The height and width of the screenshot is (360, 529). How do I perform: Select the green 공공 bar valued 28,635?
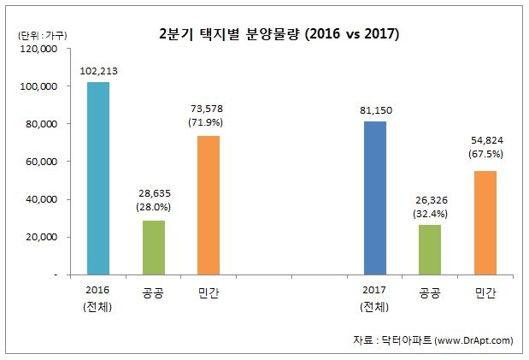pyautogui.click(x=154, y=247)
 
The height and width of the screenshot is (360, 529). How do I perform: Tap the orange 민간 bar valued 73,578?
pyautogui.click(x=209, y=205)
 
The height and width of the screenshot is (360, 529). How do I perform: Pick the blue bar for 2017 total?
pyautogui.click(x=374, y=198)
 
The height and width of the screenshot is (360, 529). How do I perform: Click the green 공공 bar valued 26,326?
pyautogui.click(x=430, y=250)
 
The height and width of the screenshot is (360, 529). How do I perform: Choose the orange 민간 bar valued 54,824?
pyautogui.click(x=485, y=222)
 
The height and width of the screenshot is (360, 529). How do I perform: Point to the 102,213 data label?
pyautogui.click(x=99, y=71)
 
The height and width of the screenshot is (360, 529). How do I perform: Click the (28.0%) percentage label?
pyautogui.click(x=154, y=206)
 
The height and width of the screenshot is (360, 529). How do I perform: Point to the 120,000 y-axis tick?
pyautogui.click(x=37, y=50)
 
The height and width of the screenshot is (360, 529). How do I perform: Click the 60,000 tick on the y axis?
pyautogui.click(x=39, y=162)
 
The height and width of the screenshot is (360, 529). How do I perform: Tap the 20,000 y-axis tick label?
pyautogui.click(x=39, y=237)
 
